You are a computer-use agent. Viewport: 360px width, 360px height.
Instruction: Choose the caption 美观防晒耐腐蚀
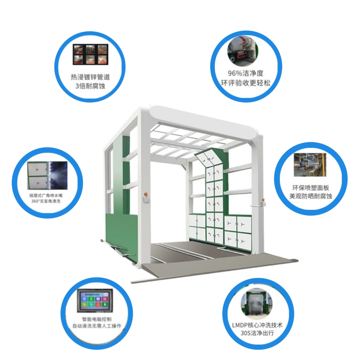pos(310,196)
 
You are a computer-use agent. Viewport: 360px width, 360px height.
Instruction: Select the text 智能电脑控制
pos(97,319)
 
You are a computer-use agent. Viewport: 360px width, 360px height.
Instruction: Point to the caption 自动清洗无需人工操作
pos(97,326)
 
